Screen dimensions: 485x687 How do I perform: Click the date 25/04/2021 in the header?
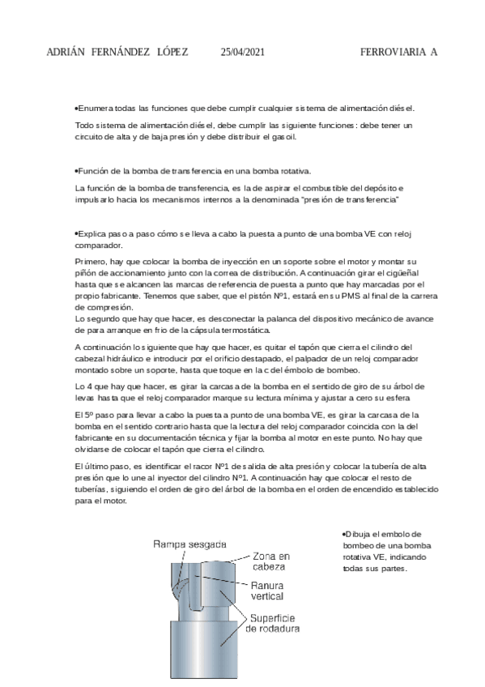[243, 52]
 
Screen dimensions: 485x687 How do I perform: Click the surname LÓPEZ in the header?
[169, 52]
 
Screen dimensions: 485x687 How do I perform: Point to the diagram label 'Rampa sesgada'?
[190, 544]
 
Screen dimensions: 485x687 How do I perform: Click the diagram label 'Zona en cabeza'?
[270, 562]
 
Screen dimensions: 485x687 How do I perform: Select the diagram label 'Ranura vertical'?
[267, 591]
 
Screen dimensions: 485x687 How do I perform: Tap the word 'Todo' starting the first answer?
[83, 126]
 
